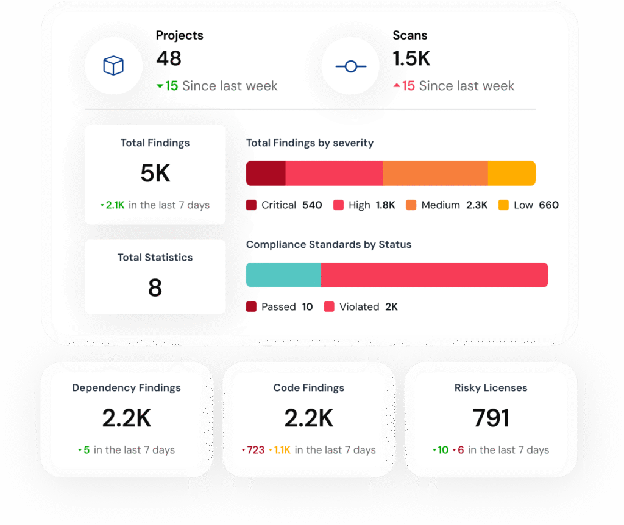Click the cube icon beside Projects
tap(113, 66)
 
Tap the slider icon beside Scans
tap(350, 66)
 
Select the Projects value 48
tap(169, 58)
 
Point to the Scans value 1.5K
tap(411, 58)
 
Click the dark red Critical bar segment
tap(266, 173)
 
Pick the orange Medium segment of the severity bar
tap(435, 173)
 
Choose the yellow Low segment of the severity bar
tap(511, 173)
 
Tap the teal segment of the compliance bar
tap(283, 275)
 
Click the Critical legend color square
tap(252, 205)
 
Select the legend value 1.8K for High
tap(385, 205)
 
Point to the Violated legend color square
tap(329, 307)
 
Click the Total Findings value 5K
tap(155, 174)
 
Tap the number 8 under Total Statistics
tap(155, 287)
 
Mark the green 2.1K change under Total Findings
tap(115, 205)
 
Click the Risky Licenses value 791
tap(491, 418)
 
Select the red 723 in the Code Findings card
tap(256, 450)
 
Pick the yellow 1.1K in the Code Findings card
tap(282, 450)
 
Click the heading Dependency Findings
tap(127, 388)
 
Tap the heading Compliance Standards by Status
tap(328, 245)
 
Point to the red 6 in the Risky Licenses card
tap(461, 450)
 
